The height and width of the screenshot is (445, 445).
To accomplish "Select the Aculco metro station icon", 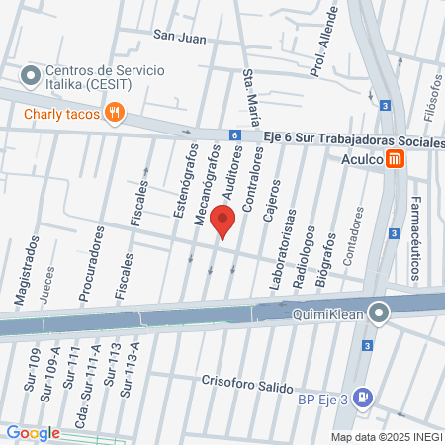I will [x=396, y=158].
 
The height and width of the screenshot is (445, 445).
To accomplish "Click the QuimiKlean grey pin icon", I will [x=379, y=313].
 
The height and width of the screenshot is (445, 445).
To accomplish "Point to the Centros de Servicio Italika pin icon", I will [x=30, y=74].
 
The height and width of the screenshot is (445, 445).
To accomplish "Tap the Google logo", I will [x=33, y=433].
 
